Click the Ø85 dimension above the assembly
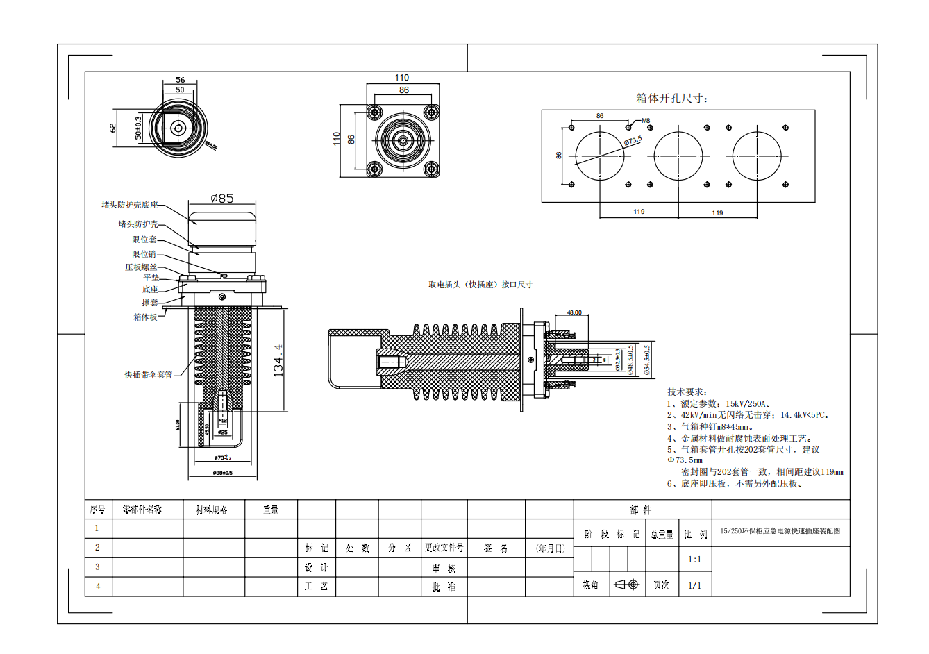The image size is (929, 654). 221,199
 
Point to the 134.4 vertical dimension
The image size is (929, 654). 278,360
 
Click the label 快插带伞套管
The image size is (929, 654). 148,375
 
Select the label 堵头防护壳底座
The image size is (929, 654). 130,205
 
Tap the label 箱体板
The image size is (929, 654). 145,317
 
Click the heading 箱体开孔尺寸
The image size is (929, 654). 672,99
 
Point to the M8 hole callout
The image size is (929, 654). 646,121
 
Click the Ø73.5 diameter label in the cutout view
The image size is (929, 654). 633,141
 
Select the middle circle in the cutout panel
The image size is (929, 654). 678,156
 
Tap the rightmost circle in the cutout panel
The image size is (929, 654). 757,156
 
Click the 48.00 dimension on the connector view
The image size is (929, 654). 574,313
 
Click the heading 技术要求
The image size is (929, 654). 687,392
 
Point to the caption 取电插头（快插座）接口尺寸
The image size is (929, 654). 480,285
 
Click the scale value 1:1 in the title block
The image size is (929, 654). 694,560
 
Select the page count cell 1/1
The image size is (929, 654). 694,586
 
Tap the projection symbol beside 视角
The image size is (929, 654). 627,585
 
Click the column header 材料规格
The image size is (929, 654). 212,510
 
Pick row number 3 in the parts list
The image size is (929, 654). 97,567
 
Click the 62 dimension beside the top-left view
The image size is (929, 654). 113,128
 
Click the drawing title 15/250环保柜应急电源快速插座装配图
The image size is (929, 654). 780,531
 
